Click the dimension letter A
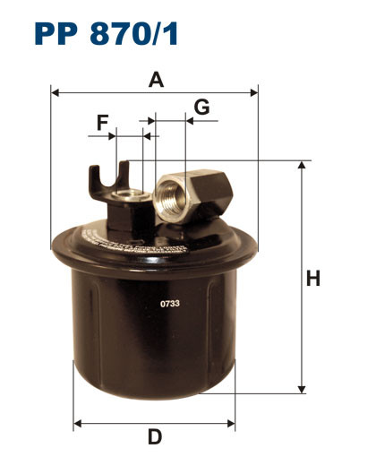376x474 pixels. [156, 80]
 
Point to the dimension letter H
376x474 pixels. [313, 279]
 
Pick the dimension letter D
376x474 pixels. [155, 437]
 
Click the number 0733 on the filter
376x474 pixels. [170, 304]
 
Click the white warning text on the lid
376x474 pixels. [134, 241]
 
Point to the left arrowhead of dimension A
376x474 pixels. [55, 92]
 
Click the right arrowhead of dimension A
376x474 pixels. [254, 92]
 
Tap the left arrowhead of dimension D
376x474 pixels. [76, 421]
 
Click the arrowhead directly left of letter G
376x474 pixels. [189, 118]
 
